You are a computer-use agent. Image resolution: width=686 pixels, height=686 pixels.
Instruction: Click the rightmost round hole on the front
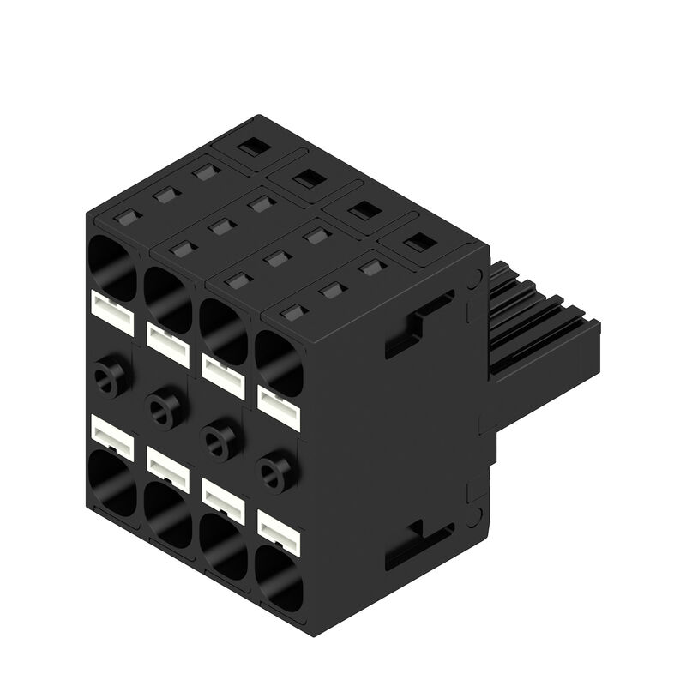coord(275,468)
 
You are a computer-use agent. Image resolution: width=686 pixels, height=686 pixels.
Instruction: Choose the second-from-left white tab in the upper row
coord(167,341)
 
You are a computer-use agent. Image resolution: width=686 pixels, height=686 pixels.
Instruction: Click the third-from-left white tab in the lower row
coord(222,498)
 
